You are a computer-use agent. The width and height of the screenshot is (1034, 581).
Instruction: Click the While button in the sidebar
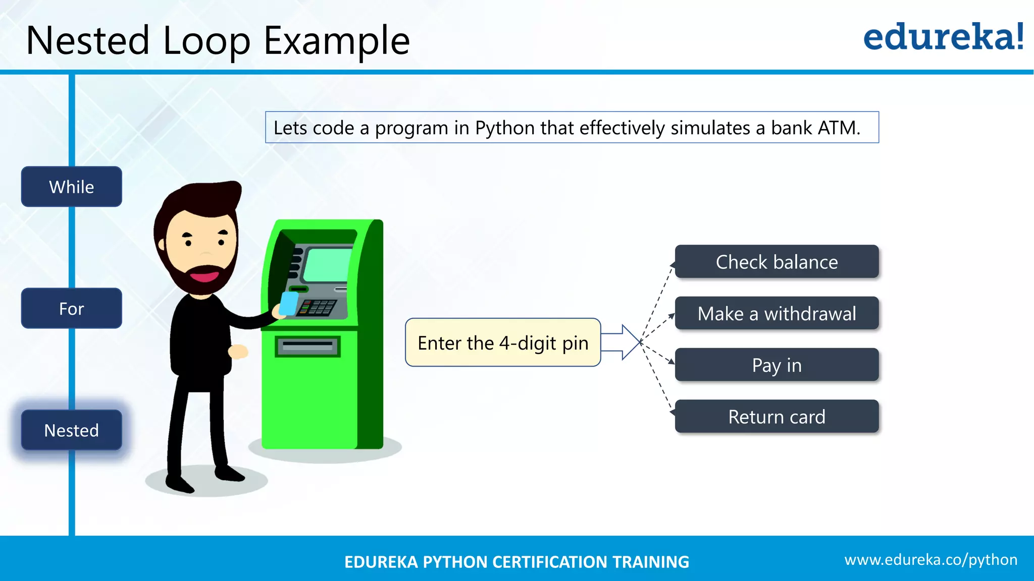click(71, 187)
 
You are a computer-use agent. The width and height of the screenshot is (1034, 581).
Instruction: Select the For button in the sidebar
click(71, 308)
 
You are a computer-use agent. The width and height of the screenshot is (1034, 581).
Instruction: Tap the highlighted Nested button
click(71, 430)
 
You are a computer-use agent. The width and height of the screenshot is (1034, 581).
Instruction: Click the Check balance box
click(777, 262)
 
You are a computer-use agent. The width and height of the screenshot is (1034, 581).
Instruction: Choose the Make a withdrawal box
click(777, 313)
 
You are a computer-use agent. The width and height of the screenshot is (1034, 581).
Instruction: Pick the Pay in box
click(777, 365)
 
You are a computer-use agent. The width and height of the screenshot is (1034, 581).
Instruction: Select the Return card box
click(777, 417)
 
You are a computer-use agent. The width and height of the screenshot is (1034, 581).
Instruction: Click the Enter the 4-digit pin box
click(503, 342)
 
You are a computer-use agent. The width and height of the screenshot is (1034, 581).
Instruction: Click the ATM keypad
click(317, 307)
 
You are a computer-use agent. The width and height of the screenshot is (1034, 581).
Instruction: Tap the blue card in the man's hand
click(289, 304)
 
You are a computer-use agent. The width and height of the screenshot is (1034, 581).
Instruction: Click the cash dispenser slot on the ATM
click(307, 346)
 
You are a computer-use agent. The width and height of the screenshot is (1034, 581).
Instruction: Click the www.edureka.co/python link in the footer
click(930, 560)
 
